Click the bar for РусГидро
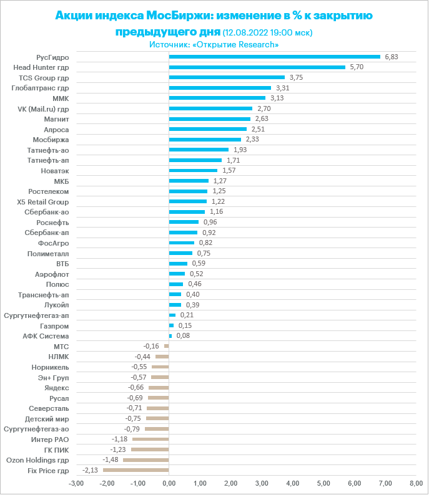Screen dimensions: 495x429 click(274, 57)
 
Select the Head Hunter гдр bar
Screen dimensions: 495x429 click(257, 67)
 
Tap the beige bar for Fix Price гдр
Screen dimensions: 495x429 click(136, 470)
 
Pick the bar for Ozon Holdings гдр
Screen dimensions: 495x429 click(146, 460)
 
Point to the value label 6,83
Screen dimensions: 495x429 click(392, 57)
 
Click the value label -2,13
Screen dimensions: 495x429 click(91, 470)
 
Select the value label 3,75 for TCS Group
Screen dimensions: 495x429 click(296, 77)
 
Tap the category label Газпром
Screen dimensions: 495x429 click(54, 325)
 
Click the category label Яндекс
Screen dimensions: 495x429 click(57, 387)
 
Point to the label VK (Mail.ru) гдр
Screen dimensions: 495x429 click(43, 108)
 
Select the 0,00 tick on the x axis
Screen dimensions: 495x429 click(169, 483)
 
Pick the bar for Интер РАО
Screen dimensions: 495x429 click(150, 439)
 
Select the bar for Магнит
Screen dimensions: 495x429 click(209, 119)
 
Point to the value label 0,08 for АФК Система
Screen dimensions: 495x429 click(182, 335)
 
